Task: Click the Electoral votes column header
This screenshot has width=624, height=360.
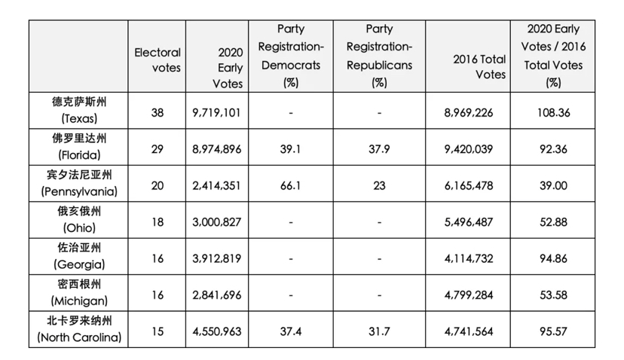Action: click(x=158, y=60)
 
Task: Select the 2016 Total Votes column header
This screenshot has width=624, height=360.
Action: click(x=479, y=67)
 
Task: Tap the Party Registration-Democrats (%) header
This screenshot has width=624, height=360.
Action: click(x=291, y=56)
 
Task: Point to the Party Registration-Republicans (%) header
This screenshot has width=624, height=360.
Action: click(x=379, y=56)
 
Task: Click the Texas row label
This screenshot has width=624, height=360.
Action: click(x=79, y=110)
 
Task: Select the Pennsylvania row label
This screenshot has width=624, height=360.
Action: click(x=79, y=183)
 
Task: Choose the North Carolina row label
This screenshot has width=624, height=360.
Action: click(x=79, y=329)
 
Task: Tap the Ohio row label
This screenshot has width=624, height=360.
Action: click(x=79, y=220)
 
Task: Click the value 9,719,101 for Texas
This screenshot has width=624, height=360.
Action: click(x=216, y=113)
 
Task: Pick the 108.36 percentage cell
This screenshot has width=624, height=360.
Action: click(x=553, y=113)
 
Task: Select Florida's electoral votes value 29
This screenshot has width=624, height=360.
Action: click(x=158, y=149)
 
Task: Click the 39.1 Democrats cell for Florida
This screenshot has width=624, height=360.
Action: click(x=290, y=149)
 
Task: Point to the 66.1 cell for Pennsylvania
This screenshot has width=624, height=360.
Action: click(x=290, y=186)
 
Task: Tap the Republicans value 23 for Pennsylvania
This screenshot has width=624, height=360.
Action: click(x=379, y=186)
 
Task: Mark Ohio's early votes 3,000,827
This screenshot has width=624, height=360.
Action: click(x=216, y=222)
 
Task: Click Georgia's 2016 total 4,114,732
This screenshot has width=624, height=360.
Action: click(x=469, y=258)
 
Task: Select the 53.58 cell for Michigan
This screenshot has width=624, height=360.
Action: click(x=553, y=295)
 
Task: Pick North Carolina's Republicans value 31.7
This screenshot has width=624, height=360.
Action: click(x=379, y=331)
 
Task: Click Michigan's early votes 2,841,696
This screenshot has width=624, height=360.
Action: click(x=216, y=295)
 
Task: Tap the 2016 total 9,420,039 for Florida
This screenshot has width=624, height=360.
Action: click(x=469, y=149)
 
